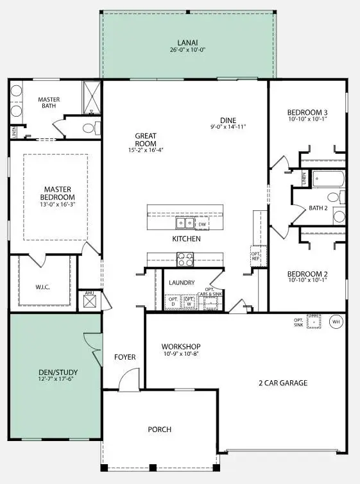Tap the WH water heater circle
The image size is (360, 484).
335,322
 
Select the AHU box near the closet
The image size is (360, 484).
90,301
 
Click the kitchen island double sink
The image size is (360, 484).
186,224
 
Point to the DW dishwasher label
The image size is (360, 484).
202,224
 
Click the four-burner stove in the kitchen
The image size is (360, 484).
185,259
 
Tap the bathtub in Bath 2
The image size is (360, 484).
327,178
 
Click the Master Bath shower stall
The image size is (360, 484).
92,97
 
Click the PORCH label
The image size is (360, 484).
159,429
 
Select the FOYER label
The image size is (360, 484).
124,357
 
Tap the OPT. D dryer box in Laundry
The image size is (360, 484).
173,302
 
